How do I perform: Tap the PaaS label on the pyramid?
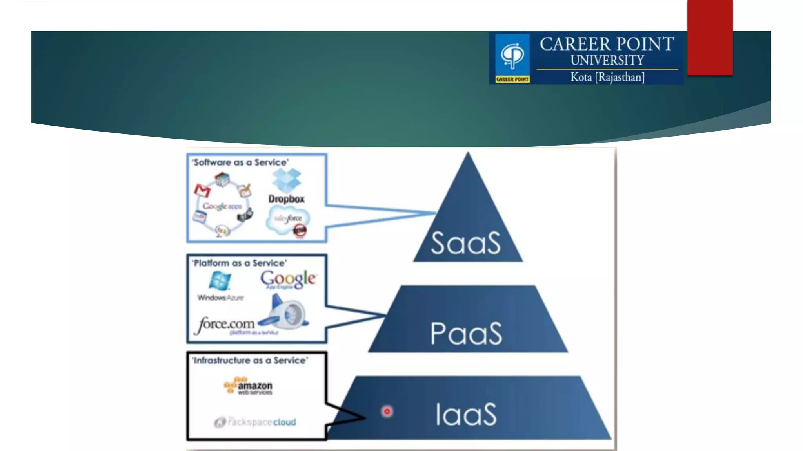[x=466, y=334]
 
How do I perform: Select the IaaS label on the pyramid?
[x=466, y=414]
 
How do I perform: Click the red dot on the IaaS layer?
[x=387, y=411]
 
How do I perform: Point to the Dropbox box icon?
[x=287, y=180]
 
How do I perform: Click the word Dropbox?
[x=287, y=199]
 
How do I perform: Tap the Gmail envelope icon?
[x=202, y=191]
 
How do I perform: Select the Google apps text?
[x=222, y=206]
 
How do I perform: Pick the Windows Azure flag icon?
[x=220, y=281]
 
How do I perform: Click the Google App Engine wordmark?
[x=288, y=279]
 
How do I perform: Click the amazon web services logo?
[x=248, y=386]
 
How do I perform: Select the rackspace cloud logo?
[x=255, y=422]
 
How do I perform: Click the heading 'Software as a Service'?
[x=240, y=162]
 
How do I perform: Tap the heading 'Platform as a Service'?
[x=240, y=263]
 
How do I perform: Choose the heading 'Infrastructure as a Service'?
[x=250, y=360]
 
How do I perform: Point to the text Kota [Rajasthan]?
[x=607, y=77]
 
